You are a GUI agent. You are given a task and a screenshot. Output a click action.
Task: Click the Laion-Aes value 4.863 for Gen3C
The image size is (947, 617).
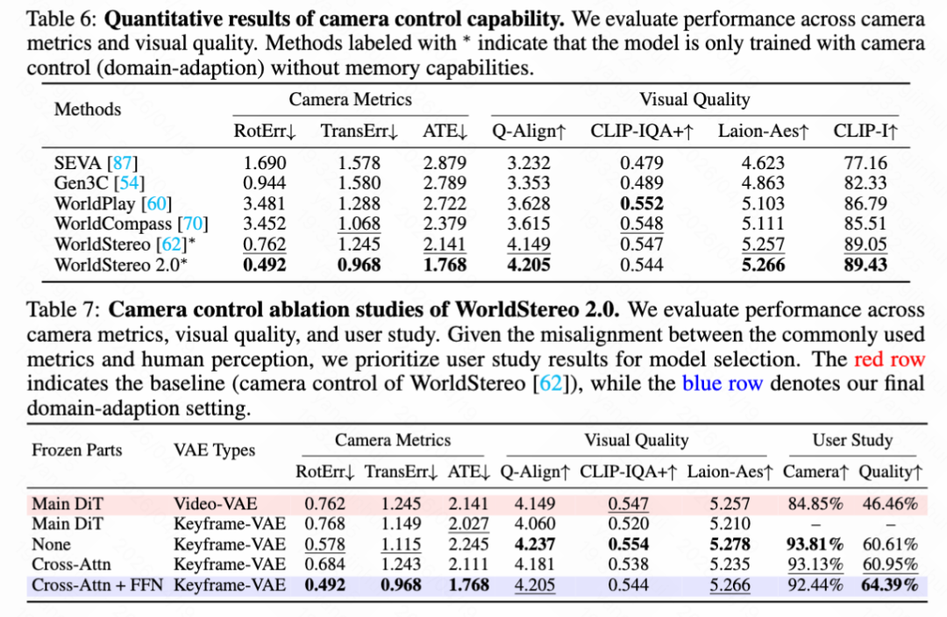tap(763, 183)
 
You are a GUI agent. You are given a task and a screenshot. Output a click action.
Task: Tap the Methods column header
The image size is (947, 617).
tap(88, 110)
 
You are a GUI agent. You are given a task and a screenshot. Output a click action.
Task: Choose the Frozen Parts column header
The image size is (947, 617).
tap(77, 450)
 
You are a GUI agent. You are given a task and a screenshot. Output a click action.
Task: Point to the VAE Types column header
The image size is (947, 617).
tap(214, 450)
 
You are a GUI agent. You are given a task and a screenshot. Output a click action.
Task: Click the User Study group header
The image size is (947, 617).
tap(852, 440)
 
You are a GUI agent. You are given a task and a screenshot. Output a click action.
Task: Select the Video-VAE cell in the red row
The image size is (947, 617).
tap(216, 504)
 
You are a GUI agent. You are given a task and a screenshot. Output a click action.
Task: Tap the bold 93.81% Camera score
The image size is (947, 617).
tap(815, 544)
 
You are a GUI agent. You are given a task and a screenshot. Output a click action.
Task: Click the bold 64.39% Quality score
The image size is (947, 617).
tap(888, 585)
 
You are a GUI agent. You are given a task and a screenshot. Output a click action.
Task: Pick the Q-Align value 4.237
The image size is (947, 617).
tap(530, 544)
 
